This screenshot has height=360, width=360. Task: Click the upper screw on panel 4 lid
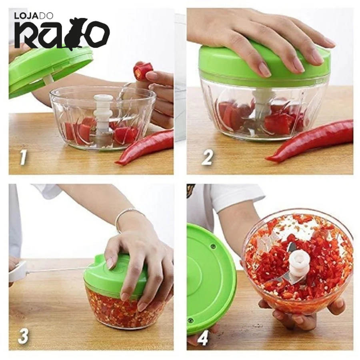tap(214, 246)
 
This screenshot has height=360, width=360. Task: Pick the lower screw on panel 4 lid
tap(190, 320)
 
